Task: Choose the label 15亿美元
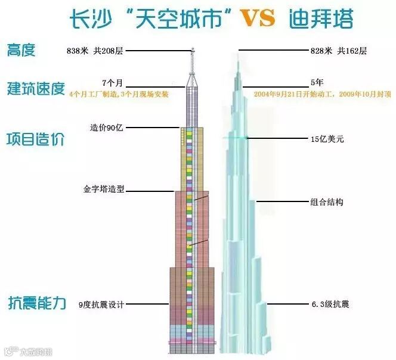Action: click(x=327, y=139)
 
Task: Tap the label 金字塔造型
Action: click(x=104, y=191)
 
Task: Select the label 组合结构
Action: click(x=327, y=202)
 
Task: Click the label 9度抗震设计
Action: click(x=101, y=305)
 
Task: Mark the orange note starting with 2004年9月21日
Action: click(x=322, y=94)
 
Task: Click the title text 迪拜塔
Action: click(x=324, y=19)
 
